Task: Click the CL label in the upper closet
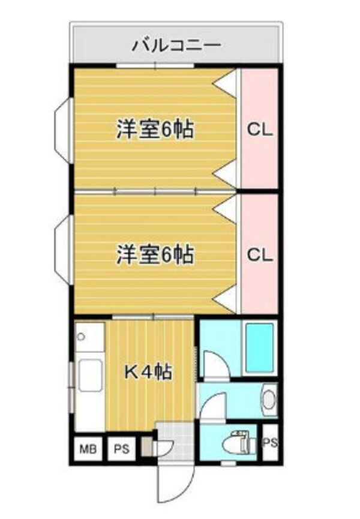260,129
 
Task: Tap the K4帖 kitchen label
148,372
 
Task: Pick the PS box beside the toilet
271,443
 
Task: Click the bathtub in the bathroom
260,348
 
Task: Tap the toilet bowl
238,443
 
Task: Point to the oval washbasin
269,399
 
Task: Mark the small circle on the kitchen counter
82,338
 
